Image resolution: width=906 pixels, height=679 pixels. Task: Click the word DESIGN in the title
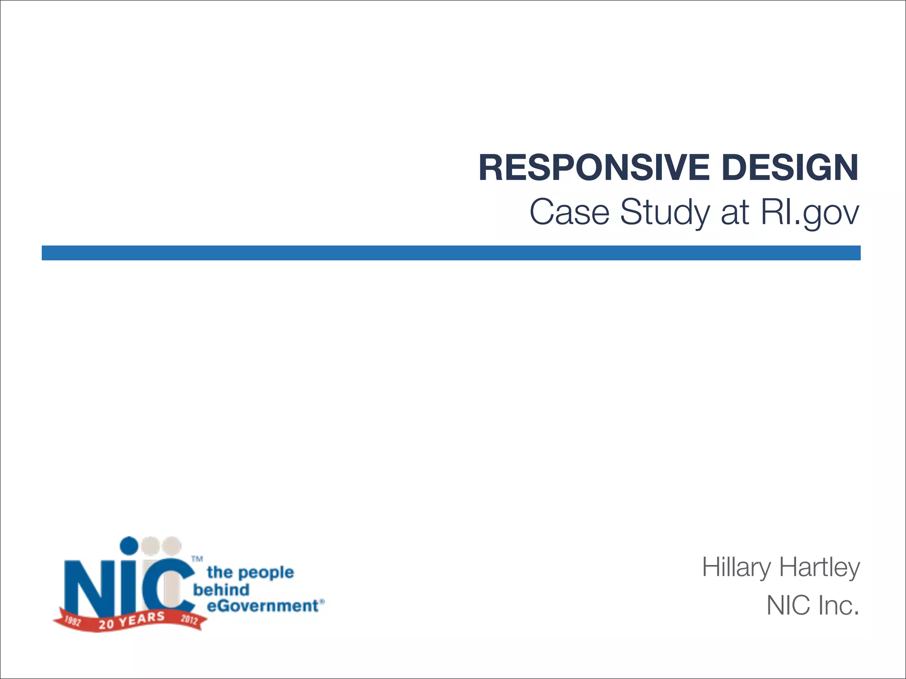coord(790,168)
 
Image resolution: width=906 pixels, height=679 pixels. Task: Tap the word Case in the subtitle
coord(569,212)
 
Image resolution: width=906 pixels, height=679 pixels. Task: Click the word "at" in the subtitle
coord(735,213)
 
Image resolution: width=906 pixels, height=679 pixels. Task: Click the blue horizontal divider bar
coord(451,253)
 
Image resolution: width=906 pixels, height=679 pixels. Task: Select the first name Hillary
coord(737,568)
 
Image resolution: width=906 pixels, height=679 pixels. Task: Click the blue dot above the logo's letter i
coord(130,545)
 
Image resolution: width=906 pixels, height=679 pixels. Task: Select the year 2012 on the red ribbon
coord(189,619)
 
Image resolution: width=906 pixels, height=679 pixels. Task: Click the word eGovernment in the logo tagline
coord(264,606)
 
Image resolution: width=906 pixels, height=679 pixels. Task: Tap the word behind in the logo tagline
coord(222,590)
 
